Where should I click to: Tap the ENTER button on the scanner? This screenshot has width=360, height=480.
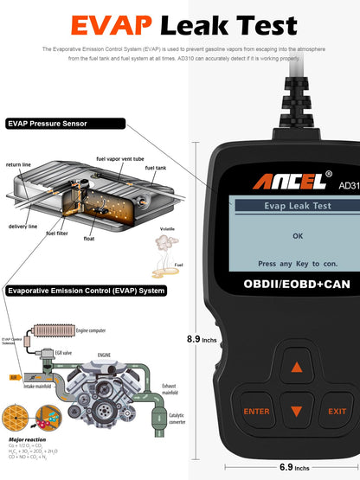pos(257,412)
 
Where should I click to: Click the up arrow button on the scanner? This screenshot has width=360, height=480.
pos(298,368)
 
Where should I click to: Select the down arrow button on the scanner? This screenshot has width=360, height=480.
pos(298,413)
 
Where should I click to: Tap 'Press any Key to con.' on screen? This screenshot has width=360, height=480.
pos(298,264)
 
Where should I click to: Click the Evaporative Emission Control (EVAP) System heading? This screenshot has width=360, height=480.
pos(86,291)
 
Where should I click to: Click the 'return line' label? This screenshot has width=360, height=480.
pos(19,163)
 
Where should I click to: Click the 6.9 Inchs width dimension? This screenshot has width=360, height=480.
pos(293,468)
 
